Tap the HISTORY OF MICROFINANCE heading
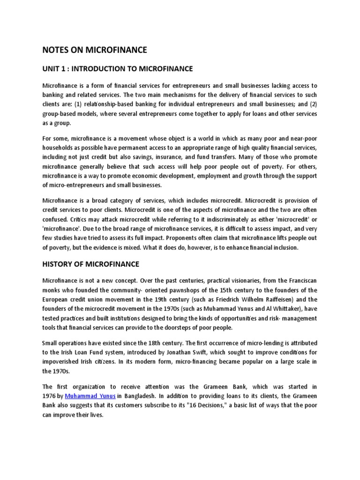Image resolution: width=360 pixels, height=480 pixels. click(91, 264)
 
